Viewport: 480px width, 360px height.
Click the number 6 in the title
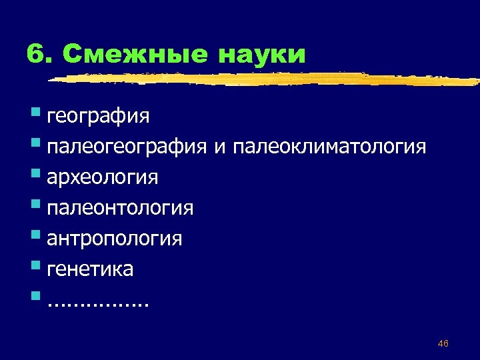(35, 54)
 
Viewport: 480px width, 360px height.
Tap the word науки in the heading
(261, 54)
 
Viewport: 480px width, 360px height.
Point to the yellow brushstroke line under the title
(267, 79)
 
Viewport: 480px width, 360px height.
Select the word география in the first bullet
(99, 117)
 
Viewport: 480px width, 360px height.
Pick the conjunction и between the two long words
(218, 147)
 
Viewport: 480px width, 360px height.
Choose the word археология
(103, 178)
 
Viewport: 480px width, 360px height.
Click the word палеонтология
(120, 209)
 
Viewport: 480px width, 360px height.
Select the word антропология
(115, 239)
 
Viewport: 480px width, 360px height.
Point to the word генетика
(91, 269)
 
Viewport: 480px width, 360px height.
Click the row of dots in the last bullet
(99, 304)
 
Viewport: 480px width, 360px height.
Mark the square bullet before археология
(35, 174)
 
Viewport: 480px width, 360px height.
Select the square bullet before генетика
(35, 265)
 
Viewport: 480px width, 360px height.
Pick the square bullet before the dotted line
(35, 296)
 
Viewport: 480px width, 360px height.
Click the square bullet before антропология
(35, 235)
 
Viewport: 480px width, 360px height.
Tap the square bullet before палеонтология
(35, 205)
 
